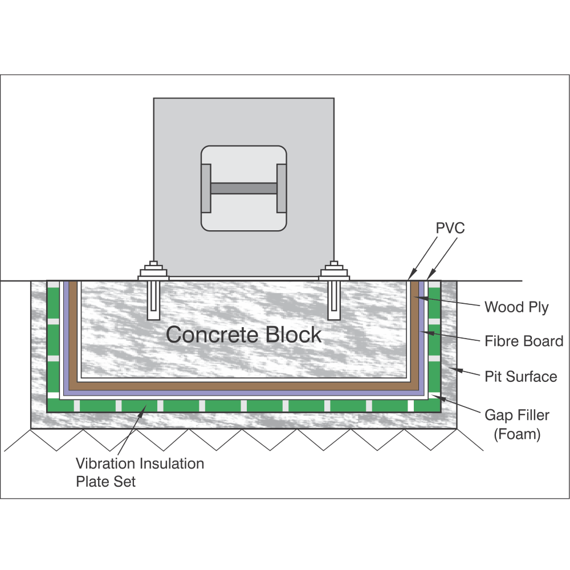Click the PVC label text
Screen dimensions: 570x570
pyautogui.click(x=450, y=229)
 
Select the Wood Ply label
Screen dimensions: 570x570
pyautogui.click(x=516, y=308)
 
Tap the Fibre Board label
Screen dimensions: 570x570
pyautogui.click(x=524, y=341)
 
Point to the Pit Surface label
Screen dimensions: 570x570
pyautogui.click(x=520, y=376)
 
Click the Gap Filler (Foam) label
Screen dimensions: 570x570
pyautogui.click(x=517, y=424)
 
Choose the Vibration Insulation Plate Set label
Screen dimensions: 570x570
pyautogui.click(x=140, y=472)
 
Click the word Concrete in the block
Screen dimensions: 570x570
pyautogui.click(x=206, y=335)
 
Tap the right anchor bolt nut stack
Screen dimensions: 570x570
pyautogui.click(x=333, y=271)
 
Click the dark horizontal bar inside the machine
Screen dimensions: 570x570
pyautogui.click(x=243, y=188)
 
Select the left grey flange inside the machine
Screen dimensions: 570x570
pyautogui.click(x=206, y=188)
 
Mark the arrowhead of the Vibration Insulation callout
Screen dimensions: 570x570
pyautogui.click(x=146, y=406)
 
